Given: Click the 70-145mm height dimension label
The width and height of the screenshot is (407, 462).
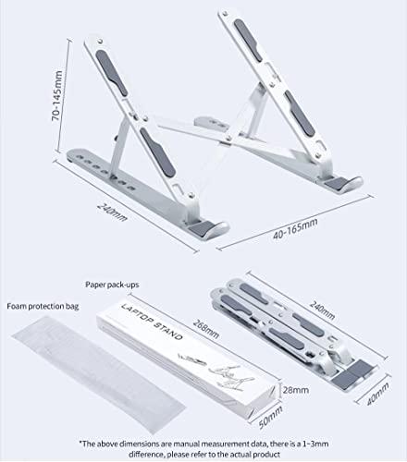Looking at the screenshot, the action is pos(57,95).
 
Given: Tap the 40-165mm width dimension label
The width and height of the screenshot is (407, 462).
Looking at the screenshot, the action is pos(295,228).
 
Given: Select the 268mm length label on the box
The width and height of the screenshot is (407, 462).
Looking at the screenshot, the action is pos(206,329).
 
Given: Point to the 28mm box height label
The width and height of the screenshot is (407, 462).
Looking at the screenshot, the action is pos(296,390).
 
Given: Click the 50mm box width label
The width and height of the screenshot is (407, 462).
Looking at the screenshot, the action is pos(270,418).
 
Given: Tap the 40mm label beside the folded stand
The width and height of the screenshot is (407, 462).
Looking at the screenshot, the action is pos(377,394).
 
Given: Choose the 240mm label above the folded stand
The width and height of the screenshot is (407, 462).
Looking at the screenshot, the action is pos(322,310).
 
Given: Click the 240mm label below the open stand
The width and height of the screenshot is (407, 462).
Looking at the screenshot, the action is pos(112,212).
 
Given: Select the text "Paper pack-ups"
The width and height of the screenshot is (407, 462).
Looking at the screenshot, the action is pos(112,285).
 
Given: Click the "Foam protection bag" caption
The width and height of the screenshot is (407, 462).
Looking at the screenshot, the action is pos(43,306).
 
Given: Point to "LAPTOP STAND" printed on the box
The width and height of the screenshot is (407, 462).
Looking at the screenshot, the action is pos(152,322).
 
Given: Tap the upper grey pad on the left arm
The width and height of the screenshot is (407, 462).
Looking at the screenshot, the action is pos(111,73).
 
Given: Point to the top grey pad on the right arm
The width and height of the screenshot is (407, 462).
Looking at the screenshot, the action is pos(248,40).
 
